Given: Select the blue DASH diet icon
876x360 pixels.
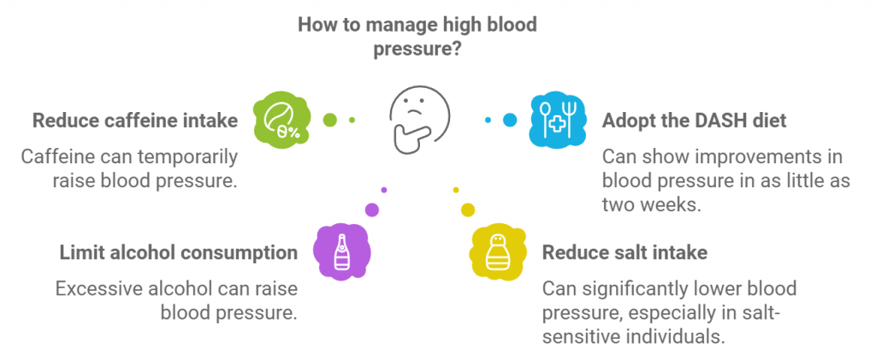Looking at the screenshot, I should pyautogui.click(x=556, y=120).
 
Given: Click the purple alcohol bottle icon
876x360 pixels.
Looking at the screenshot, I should pyautogui.click(x=341, y=251).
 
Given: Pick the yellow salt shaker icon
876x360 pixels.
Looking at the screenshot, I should pyautogui.click(x=497, y=253).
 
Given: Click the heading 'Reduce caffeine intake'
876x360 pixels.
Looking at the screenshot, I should pyautogui.click(x=135, y=121).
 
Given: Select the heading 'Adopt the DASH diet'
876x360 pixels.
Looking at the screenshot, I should pyautogui.click(x=694, y=121).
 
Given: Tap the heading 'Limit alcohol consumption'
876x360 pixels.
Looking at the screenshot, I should pyautogui.click(x=178, y=252).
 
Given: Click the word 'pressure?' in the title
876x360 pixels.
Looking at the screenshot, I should pyautogui.click(x=417, y=50).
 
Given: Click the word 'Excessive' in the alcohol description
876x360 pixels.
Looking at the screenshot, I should pyautogui.click(x=96, y=288).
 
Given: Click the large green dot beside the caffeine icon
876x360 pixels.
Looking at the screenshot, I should pyautogui.click(x=328, y=120).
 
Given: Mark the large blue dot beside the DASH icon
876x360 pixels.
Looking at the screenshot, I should pyautogui.click(x=510, y=120).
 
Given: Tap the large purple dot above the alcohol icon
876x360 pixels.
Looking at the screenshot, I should pyautogui.click(x=371, y=209).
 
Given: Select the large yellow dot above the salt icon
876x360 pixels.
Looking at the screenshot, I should pyautogui.click(x=467, y=210).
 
